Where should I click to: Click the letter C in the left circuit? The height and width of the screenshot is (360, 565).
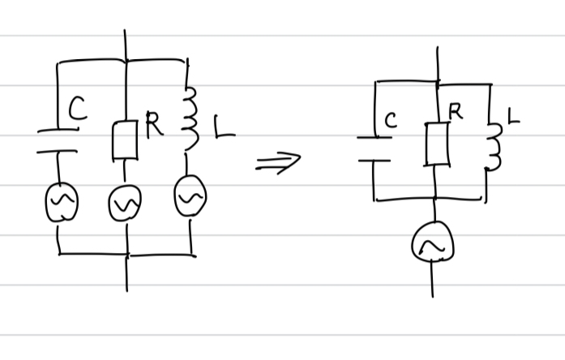tap(77, 109)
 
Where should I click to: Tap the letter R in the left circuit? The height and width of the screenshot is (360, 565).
tap(153, 123)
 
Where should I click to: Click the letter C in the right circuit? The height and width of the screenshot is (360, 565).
tap(391, 122)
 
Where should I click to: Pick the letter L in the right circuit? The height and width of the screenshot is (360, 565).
tap(512, 119)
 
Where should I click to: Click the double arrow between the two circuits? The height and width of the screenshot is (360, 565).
tap(277, 161)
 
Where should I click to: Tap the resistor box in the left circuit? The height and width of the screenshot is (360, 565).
tap(125, 139)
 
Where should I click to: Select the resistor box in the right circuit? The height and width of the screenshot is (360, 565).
tap(436, 144)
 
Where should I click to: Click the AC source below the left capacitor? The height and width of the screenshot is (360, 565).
tap(60, 204)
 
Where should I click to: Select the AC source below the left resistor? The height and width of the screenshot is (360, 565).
tap(126, 205)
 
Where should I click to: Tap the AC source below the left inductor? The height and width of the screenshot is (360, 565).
tap(190, 197)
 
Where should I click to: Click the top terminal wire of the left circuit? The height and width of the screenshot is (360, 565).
tap(125, 45)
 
